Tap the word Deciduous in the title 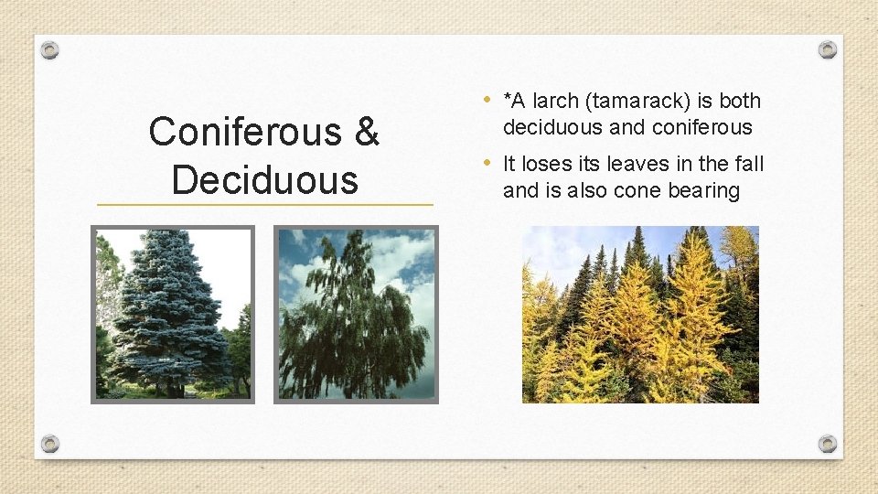tap(264, 179)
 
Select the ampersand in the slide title tap(365, 133)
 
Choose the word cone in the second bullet tap(639, 190)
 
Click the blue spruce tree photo tap(173, 315)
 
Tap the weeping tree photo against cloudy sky tap(357, 315)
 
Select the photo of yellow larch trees tap(640, 315)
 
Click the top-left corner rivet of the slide tap(50, 50)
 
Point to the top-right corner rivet tap(827, 49)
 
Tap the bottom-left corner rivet tap(50, 444)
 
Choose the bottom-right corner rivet tap(827, 444)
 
